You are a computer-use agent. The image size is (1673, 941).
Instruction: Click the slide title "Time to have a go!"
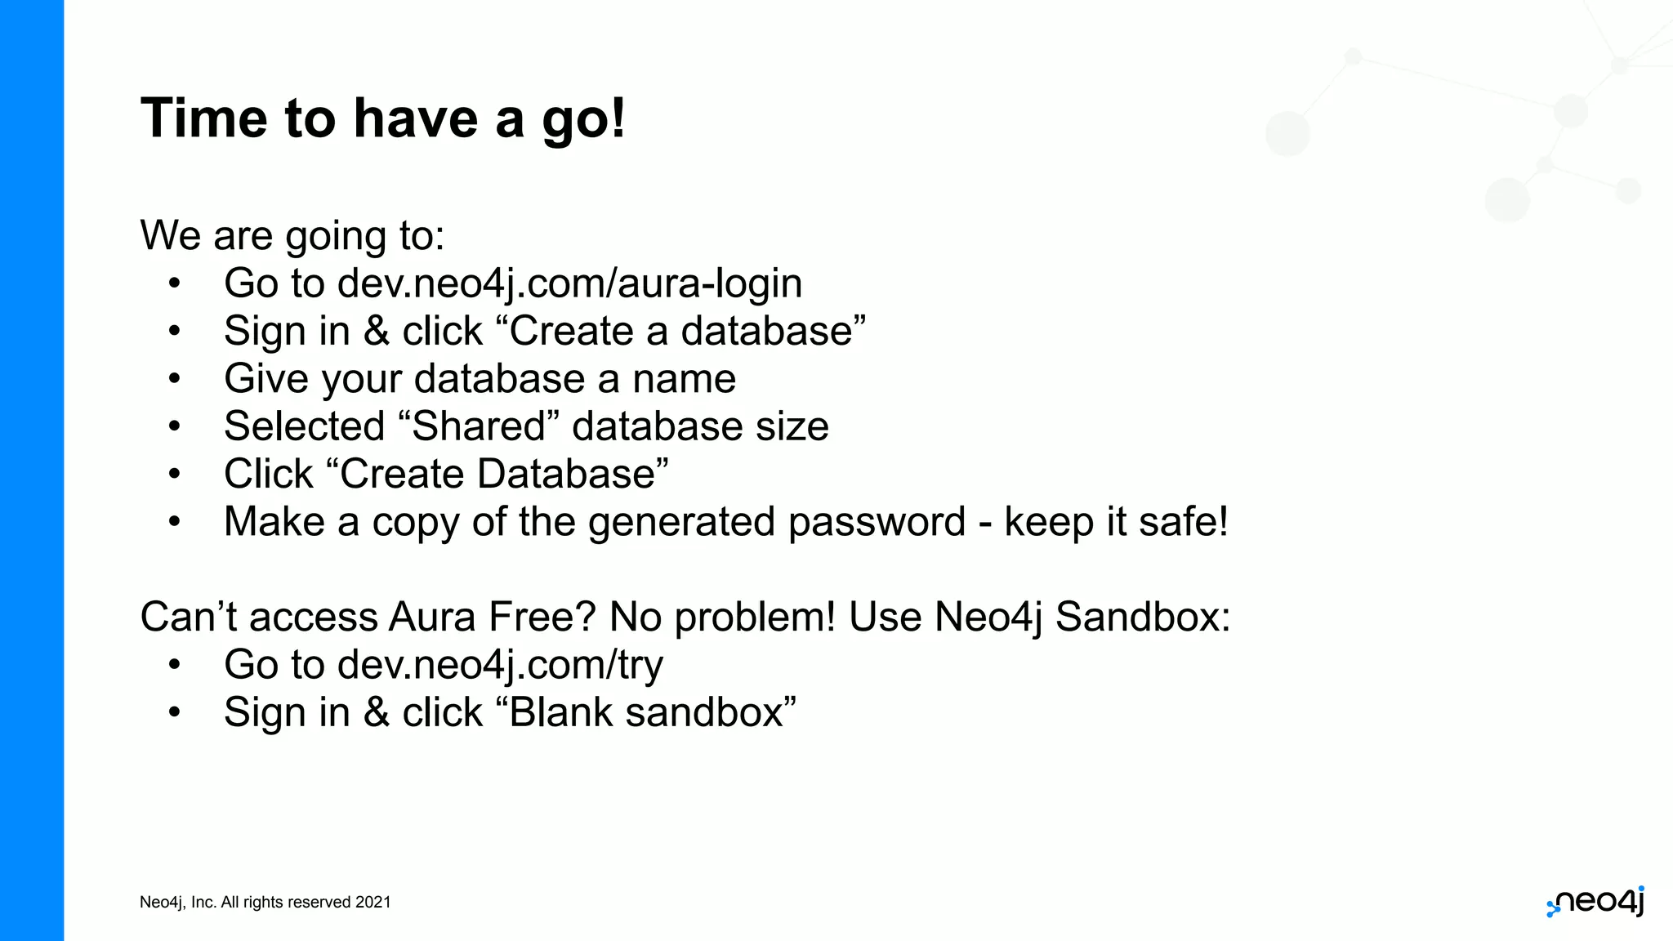pos(383,118)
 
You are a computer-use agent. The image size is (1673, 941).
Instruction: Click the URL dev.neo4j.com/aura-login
pos(569,283)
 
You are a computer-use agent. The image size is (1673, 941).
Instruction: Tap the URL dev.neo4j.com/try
pos(500,665)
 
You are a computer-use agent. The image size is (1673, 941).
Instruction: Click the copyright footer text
pos(265,902)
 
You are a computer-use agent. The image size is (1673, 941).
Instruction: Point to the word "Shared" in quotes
pos(479,426)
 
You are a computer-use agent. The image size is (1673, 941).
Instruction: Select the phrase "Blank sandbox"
pos(646,712)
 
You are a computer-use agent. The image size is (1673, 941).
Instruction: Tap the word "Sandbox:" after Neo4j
pos(1142,617)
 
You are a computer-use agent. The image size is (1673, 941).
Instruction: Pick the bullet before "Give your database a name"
pos(174,379)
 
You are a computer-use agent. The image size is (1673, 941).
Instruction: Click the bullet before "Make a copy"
pos(174,522)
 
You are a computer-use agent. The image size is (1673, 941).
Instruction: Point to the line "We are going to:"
pos(292,236)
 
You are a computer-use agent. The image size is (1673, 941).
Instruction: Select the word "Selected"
pos(304,426)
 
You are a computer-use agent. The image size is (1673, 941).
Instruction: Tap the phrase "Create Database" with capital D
pos(497,475)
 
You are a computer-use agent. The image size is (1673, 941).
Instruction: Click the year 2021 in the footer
pos(373,902)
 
